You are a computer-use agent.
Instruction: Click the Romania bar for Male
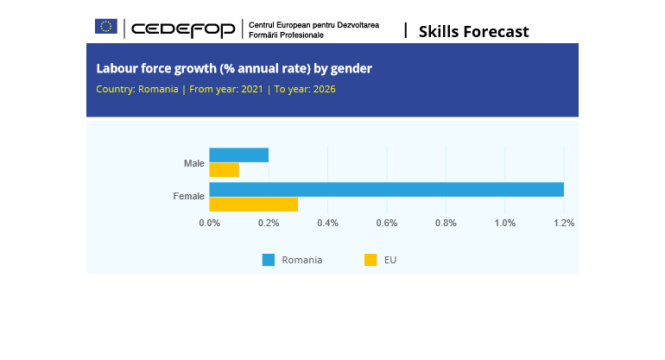click(238, 155)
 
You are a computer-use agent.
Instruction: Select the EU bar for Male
click(224, 170)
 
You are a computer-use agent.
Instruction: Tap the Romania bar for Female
click(386, 190)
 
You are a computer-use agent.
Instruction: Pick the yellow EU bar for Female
click(253, 205)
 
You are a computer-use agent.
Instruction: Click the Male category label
click(194, 163)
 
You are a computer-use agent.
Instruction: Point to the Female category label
click(189, 197)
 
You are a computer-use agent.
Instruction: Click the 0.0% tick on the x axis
click(210, 223)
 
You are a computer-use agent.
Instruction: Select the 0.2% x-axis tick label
click(269, 223)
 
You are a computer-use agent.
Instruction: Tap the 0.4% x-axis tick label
click(327, 223)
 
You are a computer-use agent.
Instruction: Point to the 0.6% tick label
click(387, 223)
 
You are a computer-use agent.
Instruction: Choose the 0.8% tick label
click(446, 223)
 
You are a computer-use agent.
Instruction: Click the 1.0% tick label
click(504, 223)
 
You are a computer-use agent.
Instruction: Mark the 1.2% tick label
click(564, 223)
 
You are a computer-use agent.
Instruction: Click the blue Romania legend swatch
click(269, 260)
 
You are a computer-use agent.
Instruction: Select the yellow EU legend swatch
click(370, 260)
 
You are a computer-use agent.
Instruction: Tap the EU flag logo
click(106, 27)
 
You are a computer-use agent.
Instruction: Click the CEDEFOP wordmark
click(183, 30)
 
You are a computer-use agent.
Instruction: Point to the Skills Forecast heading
click(473, 32)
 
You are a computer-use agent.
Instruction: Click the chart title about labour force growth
click(234, 68)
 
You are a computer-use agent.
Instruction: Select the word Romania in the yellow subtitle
click(158, 89)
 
